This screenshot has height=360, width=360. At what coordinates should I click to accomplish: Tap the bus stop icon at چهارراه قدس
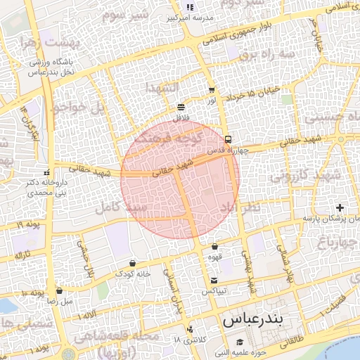[x=228, y=139]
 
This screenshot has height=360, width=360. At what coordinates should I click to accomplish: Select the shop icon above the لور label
[x=212, y=90]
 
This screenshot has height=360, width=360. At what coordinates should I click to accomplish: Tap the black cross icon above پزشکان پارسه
[x=340, y=207]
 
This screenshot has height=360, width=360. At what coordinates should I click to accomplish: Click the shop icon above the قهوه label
[x=214, y=247]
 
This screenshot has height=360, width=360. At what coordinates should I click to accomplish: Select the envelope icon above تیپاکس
[x=214, y=281]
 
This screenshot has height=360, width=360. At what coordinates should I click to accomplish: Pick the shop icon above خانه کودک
[x=133, y=263]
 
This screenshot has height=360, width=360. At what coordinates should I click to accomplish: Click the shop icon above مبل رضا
[x=59, y=290]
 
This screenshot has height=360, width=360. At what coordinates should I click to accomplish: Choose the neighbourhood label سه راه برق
[x=263, y=53]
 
